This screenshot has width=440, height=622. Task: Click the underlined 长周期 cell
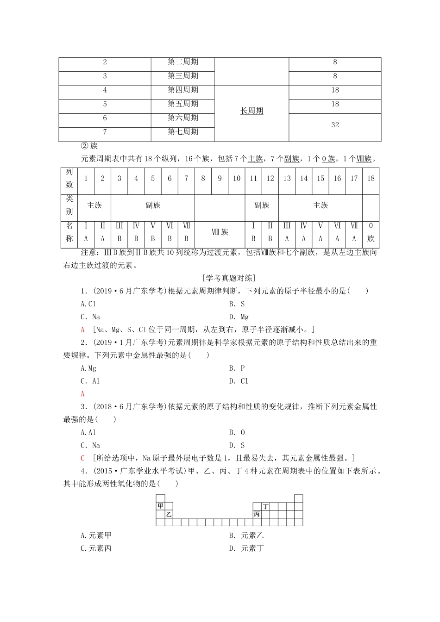click(251, 111)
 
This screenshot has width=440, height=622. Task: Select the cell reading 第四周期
click(182, 90)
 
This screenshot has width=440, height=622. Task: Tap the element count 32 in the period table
click(335, 125)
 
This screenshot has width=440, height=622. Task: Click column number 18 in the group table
click(371, 179)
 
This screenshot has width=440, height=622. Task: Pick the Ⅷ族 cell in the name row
click(220, 232)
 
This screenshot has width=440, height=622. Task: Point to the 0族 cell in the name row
click(371, 232)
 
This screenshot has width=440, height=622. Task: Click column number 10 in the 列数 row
click(237, 179)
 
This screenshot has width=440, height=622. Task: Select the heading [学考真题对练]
click(229, 278)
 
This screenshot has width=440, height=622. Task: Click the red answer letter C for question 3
click(82, 458)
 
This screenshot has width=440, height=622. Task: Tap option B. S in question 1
click(237, 304)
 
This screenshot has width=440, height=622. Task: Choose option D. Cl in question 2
click(239, 381)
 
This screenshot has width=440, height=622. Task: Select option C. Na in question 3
click(90, 445)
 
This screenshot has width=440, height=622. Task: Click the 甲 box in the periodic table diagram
click(160, 506)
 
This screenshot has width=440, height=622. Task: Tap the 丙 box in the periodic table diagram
click(257, 514)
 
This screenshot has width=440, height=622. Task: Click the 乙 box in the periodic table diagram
click(169, 514)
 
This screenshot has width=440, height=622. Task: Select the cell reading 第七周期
click(182, 132)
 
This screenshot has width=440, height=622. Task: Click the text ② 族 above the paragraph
click(89, 146)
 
